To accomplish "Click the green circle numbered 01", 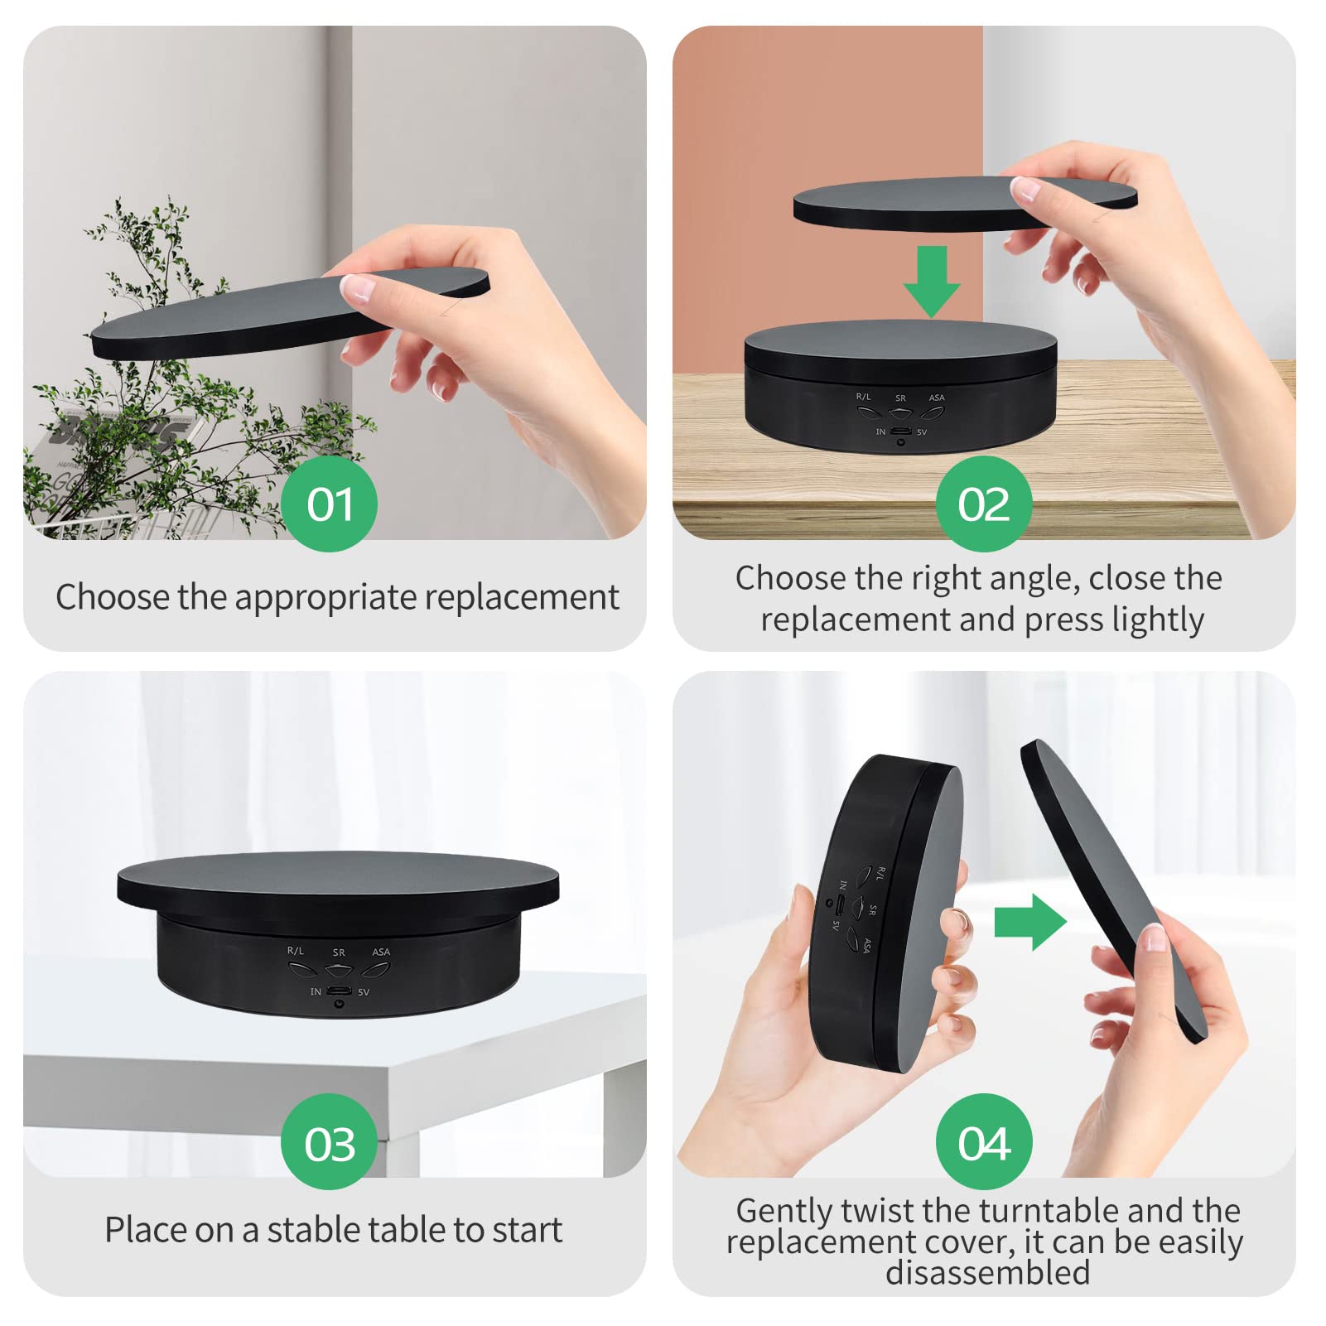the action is (x=329, y=504).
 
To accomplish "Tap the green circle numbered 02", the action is (x=984, y=504).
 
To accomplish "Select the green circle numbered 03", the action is (x=329, y=1142).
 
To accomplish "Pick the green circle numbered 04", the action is (x=984, y=1142).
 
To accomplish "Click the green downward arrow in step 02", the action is (x=932, y=282).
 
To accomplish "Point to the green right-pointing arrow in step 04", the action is (x=1030, y=922).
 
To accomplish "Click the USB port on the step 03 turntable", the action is (x=338, y=991).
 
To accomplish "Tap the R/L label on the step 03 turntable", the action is (x=295, y=951).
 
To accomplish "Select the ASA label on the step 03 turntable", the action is (x=381, y=952).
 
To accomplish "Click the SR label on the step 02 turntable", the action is (x=900, y=398).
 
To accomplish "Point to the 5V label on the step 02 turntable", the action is (x=922, y=432).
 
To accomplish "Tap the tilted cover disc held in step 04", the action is (x=1114, y=890).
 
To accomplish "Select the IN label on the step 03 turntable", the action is (x=316, y=991).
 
